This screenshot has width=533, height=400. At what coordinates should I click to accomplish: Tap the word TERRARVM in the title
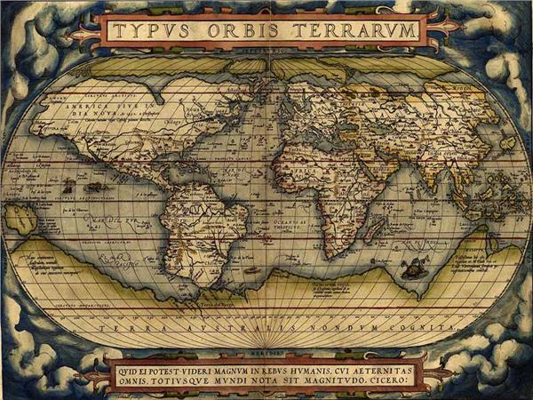click(x=361, y=31)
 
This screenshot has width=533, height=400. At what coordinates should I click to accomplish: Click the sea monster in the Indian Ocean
click(x=413, y=267)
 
